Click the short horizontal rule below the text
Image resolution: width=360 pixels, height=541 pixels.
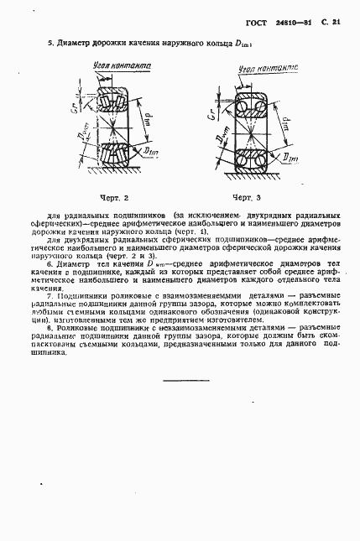point(185,382)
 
